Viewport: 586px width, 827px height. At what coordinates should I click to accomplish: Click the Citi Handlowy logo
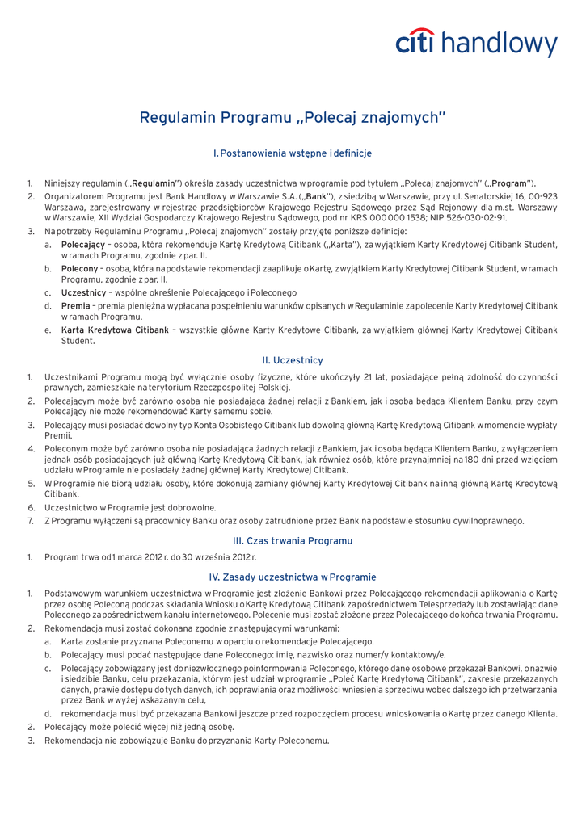(476, 44)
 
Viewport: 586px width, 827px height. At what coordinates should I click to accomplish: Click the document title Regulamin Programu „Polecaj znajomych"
(293, 118)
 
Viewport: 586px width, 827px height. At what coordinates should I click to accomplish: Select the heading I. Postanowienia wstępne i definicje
(293, 153)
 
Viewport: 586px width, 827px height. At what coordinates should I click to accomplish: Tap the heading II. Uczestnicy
(293, 359)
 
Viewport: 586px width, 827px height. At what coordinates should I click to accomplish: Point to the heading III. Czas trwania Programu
(293, 540)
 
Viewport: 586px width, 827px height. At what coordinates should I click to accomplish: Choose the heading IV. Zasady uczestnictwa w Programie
(293, 577)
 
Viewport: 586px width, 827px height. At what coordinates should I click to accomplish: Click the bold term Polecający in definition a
(83, 245)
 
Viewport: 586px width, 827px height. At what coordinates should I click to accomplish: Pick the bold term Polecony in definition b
(80, 268)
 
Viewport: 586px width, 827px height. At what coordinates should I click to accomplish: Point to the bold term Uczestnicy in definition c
(84, 292)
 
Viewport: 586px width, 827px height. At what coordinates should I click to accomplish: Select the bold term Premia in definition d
(75, 306)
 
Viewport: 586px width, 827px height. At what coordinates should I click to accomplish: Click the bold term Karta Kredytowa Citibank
(115, 330)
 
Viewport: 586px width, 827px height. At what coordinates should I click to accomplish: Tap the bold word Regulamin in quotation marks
(154, 183)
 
